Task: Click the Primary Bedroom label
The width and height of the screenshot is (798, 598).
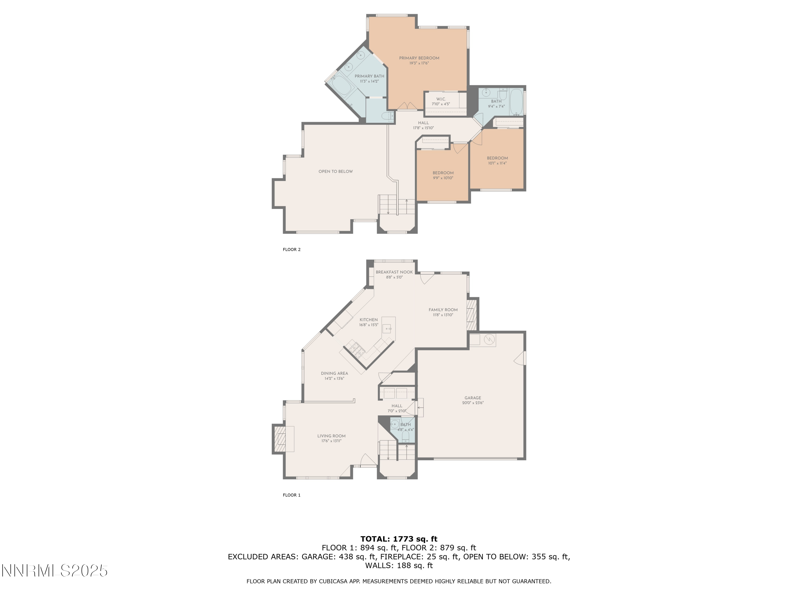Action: [x=419, y=58]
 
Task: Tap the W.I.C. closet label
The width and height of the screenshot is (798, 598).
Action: [x=441, y=99]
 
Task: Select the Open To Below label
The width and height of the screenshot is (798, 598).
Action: [x=335, y=172]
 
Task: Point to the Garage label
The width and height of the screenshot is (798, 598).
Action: [x=473, y=398]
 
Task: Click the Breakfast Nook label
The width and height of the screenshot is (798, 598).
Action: [x=394, y=272]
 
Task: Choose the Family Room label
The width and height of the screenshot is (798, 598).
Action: [x=443, y=310]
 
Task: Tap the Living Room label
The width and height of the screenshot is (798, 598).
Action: [x=331, y=436]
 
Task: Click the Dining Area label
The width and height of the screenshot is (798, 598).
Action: [x=334, y=373]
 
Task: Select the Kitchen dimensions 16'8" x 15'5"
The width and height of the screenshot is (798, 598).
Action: [x=369, y=325]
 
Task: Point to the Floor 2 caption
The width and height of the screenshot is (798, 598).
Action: [x=292, y=250]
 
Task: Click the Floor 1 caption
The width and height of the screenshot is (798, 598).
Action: [x=292, y=495]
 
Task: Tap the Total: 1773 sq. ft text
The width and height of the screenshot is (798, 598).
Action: [x=399, y=539]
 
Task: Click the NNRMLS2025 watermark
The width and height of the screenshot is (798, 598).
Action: [x=55, y=571]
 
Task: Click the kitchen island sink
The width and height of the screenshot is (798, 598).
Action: [x=387, y=329]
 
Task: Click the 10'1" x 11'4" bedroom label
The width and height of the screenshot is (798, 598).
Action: [x=497, y=158]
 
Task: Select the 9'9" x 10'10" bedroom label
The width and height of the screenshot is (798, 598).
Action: [x=443, y=173]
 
